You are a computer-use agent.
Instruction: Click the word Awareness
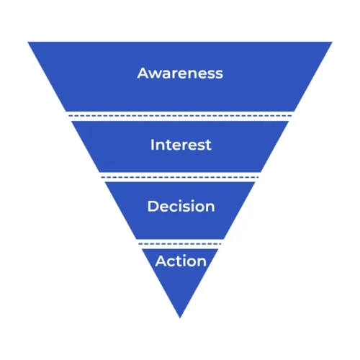point(180,73)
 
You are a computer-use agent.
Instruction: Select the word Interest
point(181,145)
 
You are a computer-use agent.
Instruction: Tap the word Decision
point(181,206)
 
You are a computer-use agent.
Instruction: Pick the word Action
point(181,261)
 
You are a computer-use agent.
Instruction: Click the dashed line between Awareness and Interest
point(180,116)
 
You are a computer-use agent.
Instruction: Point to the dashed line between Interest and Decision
point(180,177)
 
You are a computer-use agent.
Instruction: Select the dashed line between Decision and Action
point(180,244)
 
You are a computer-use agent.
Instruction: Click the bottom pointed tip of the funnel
point(180,318)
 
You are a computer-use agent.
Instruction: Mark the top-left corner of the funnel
point(28,42)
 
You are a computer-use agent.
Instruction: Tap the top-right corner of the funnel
point(333,42)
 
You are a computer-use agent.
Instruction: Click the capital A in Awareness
point(143,73)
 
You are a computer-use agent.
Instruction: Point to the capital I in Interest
point(152,145)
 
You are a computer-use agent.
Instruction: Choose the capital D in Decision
point(153,206)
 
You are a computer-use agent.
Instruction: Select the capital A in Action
point(161,261)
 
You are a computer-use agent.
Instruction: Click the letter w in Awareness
point(156,74)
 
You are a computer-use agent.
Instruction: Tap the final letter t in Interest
point(208,145)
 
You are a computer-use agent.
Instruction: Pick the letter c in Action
point(172,262)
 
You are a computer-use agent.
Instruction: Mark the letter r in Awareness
point(177,74)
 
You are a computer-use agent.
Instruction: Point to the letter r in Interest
point(187,146)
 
